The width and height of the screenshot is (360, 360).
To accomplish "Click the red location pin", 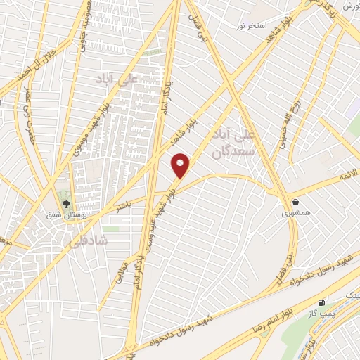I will (x=181, y=166).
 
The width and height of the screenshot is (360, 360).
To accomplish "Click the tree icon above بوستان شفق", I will (x=67, y=204).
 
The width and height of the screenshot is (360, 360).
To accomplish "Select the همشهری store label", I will (x=297, y=212).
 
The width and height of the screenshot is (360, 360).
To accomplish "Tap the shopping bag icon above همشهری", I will (x=296, y=201).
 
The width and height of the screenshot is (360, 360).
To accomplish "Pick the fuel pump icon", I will (x=322, y=302).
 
